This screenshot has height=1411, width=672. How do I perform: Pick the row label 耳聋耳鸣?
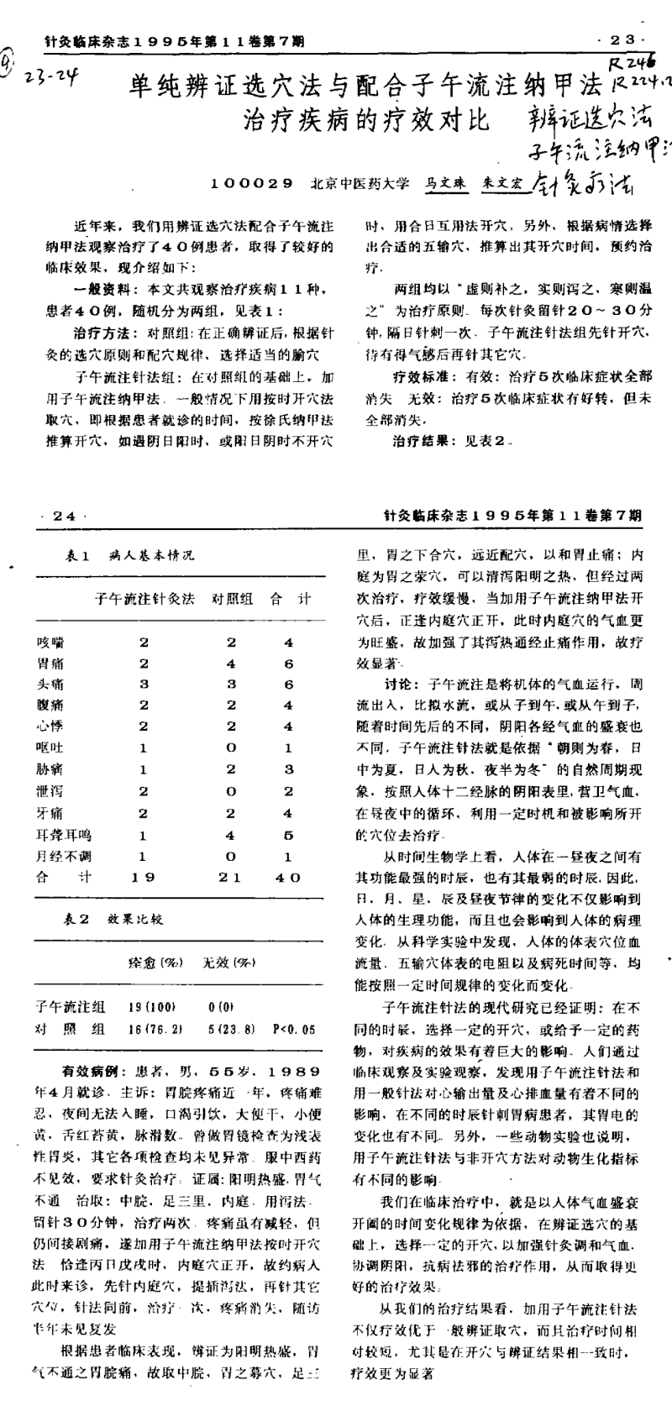tap(64, 836)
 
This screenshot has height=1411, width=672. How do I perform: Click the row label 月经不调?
tap(64, 857)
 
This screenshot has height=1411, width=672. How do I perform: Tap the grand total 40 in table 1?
tap(288, 878)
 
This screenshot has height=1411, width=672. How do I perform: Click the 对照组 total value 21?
tap(230, 878)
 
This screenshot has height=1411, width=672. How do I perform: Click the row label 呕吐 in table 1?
tap(50, 747)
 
